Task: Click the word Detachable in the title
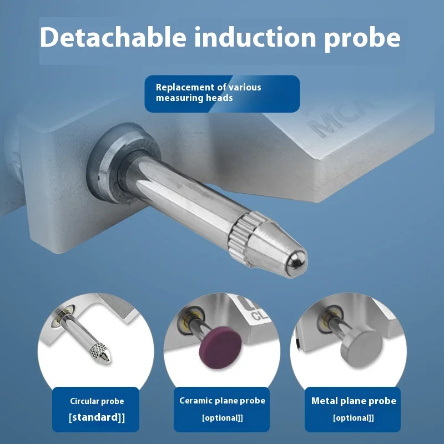113,37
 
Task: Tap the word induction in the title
255,37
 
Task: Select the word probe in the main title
362,39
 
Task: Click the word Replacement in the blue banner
190,87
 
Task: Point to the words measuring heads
194,98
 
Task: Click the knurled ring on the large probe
240,238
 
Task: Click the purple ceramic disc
220,347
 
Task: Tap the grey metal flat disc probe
361,348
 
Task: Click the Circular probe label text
97,401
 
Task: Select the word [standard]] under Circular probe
97,417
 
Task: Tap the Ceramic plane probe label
223,401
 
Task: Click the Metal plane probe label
354,401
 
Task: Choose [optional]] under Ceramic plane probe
223,418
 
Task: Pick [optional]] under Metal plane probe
354,418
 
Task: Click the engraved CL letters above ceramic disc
260,315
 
